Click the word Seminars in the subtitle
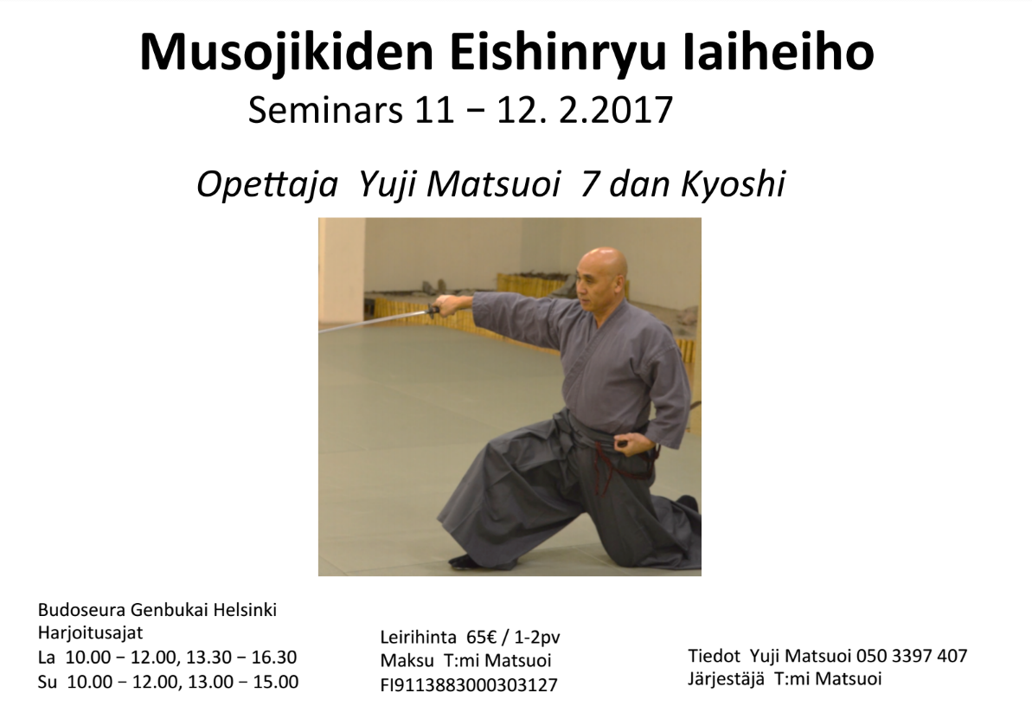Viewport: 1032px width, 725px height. (325, 110)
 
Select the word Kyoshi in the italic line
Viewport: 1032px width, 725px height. (734, 183)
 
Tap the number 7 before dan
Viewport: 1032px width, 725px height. (588, 184)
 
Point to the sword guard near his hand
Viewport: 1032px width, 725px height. (433, 310)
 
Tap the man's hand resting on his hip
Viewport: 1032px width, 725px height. (626, 442)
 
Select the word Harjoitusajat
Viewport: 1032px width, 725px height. (90, 633)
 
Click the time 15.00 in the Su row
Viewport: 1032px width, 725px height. (276, 683)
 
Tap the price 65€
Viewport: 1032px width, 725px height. (482, 638)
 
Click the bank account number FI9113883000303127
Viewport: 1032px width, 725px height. (469, 685)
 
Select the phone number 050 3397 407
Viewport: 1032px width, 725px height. (912, 657)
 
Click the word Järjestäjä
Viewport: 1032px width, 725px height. (727, 679)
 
